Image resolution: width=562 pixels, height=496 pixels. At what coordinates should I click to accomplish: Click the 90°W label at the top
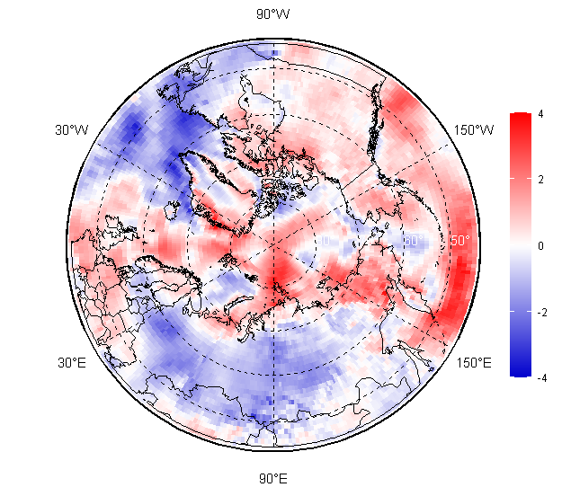(x=273, y=13)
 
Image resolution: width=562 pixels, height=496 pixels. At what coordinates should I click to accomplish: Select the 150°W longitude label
(x=474, y=130)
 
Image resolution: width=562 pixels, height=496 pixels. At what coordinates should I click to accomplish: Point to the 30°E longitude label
(x=73, y=363)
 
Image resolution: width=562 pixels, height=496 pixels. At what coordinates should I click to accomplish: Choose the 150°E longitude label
(x=474, y=363)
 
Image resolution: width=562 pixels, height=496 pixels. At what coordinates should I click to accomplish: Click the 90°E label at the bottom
(x=273, y=478)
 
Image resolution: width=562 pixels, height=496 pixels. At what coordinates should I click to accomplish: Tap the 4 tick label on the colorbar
(x=540, y=114)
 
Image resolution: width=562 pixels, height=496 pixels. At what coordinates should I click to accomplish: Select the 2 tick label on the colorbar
(x=540, y=180)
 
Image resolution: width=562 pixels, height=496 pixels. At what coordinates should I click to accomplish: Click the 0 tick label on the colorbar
(x=540, y=245)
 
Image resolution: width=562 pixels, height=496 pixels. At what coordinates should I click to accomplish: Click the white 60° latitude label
(x=412, y=241)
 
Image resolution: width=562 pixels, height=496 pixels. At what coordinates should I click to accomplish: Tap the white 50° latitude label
(x=459, y=241)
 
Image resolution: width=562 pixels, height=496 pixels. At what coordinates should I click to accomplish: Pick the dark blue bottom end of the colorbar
(x=520, y=370)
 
